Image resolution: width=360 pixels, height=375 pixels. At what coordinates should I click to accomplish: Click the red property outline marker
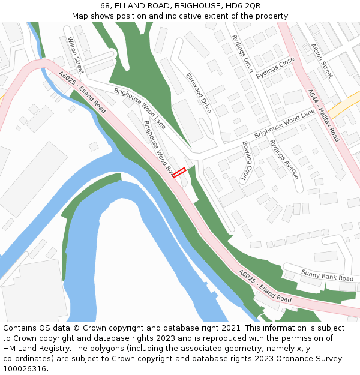pyautogui.click(x=179, y=173)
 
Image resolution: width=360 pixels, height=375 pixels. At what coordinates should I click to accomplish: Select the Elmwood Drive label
pyautogui.click(x=199, y=94)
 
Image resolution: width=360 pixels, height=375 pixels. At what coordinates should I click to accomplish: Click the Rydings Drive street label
pyautogui.click(x=242, y=53)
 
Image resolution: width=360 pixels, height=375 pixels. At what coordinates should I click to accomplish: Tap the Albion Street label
pyautogui.click(x=322, y=61)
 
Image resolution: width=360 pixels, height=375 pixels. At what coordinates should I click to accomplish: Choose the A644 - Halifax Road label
pyautogui.click(x=323, y=116)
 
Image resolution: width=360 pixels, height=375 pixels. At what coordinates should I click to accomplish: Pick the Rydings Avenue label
pyautogui.click(x=284, y=160)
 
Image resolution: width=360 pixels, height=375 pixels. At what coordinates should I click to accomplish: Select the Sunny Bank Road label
pyautogui.click(x=328, y=275)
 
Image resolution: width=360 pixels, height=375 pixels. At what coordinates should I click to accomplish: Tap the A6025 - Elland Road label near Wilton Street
pyautogui.click(x=82, y=92)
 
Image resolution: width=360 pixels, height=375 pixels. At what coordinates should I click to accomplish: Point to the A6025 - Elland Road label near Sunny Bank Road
pyautogui.click(x=265, y=286)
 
